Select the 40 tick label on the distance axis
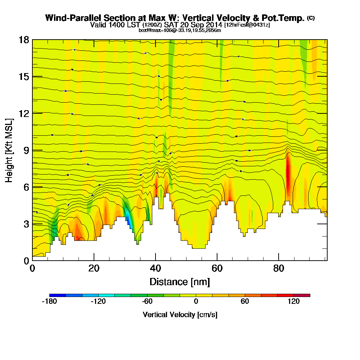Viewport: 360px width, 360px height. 155,269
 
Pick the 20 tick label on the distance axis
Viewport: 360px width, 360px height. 94,269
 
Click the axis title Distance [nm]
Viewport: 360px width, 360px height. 180,281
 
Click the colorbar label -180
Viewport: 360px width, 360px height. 49,302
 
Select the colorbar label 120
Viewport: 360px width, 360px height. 294,302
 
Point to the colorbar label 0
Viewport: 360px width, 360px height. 196,302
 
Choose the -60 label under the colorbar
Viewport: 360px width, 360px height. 147,302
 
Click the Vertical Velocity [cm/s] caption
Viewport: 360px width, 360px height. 180,315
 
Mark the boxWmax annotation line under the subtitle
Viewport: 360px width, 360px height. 180,30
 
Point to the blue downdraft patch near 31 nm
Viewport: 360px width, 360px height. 127,218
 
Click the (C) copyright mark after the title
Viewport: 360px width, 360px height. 311,18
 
